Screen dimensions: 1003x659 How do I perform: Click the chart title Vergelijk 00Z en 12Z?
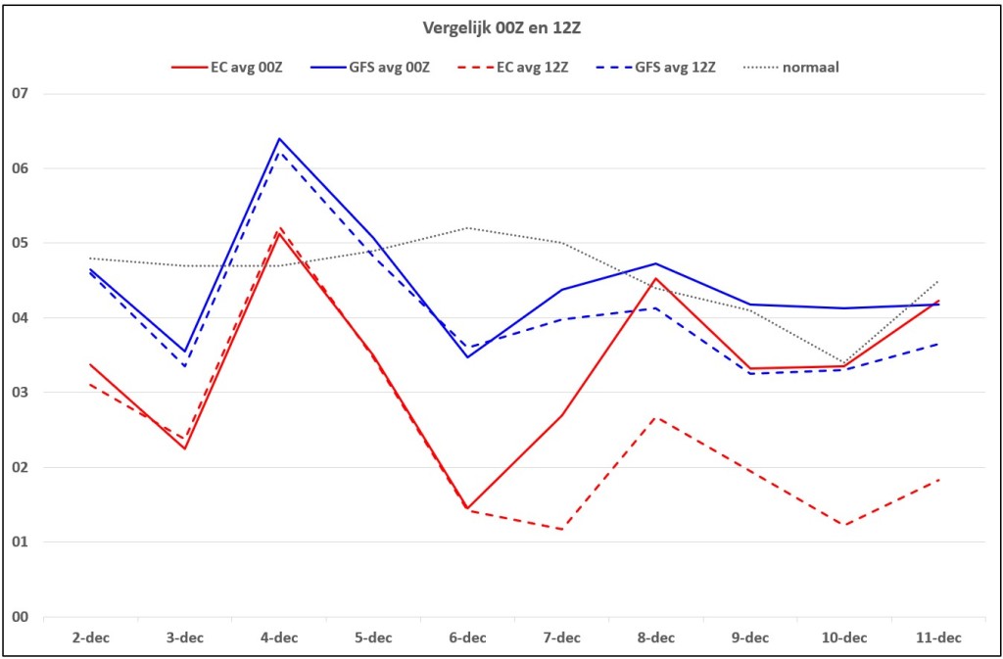501,28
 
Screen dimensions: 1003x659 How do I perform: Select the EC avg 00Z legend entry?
227,67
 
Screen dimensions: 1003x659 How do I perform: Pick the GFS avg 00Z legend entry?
369,67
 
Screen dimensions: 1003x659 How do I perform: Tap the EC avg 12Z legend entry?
511,67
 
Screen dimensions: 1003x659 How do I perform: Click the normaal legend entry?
790,67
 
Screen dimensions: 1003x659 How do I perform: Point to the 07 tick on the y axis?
22,94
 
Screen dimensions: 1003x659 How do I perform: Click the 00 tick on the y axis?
22,617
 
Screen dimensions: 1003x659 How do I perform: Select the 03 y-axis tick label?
22,393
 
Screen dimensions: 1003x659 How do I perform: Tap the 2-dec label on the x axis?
90,638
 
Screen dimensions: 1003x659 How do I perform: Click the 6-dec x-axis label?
467,638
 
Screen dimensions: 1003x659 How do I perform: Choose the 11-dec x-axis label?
938,638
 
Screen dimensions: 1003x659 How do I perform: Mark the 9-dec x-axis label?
750,638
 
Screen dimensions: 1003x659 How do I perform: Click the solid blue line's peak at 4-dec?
279,138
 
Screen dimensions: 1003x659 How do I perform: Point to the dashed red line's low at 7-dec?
561,529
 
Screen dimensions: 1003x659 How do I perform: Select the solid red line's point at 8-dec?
655,278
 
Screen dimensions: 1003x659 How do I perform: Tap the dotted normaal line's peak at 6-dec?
467,227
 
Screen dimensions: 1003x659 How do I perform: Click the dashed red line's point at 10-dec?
844,526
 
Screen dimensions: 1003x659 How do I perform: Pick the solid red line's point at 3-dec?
185,448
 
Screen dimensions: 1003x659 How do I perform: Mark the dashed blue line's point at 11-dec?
938,344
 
